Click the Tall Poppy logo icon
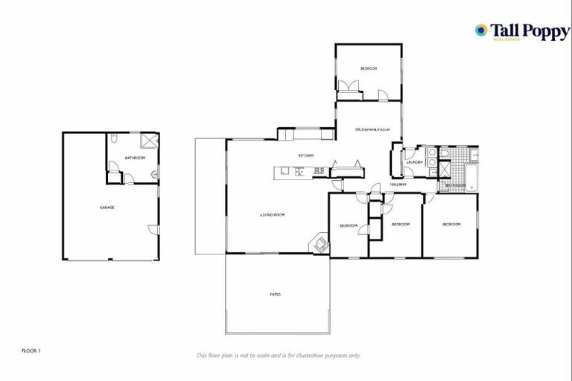click(x=482, y=31)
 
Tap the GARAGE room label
click(x=107, y=208)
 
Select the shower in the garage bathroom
click(x=150, y=141)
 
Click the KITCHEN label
click(x=305, y=156)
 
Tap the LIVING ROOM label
click(x=273, y=215)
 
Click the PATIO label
click(x=275, y=295)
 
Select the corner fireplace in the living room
click(x=320, y=243)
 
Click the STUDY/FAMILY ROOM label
click(x=373, y=129)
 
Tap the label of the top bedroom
click(x=369, y=68)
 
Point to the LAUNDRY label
click(x=415, y=162)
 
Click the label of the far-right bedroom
click(x=451, y=224)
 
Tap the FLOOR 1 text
click(x=31, y=349)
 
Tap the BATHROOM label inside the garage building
click(x=135, y=159)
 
